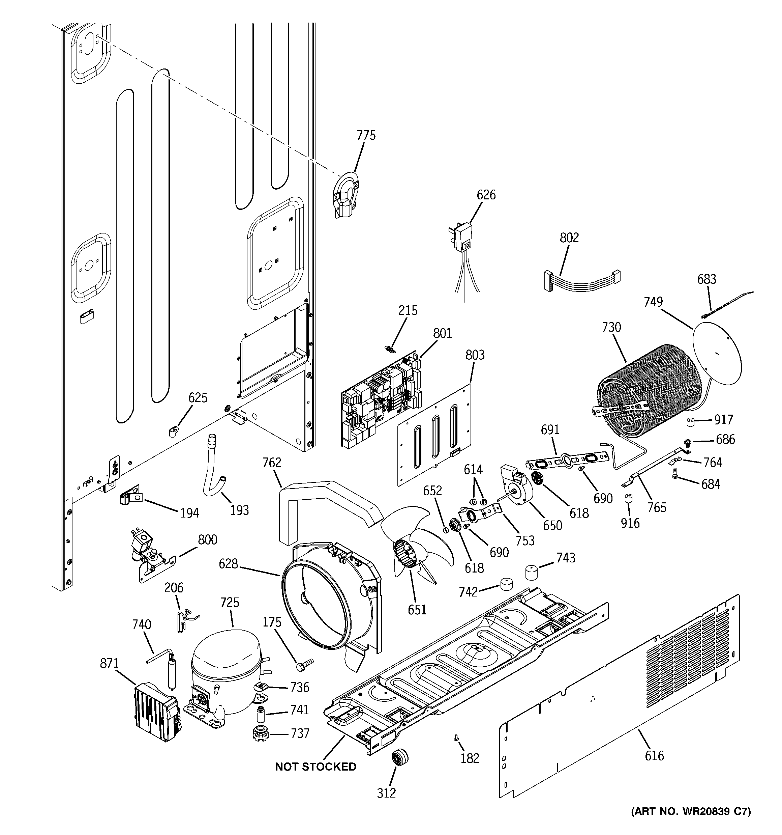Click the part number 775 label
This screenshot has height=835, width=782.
tap(366, 136)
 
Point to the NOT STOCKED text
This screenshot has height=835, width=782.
tap(315, 767)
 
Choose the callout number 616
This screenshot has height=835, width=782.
tap(654, 756)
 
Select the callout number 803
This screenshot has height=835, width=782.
tap(475, 355)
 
